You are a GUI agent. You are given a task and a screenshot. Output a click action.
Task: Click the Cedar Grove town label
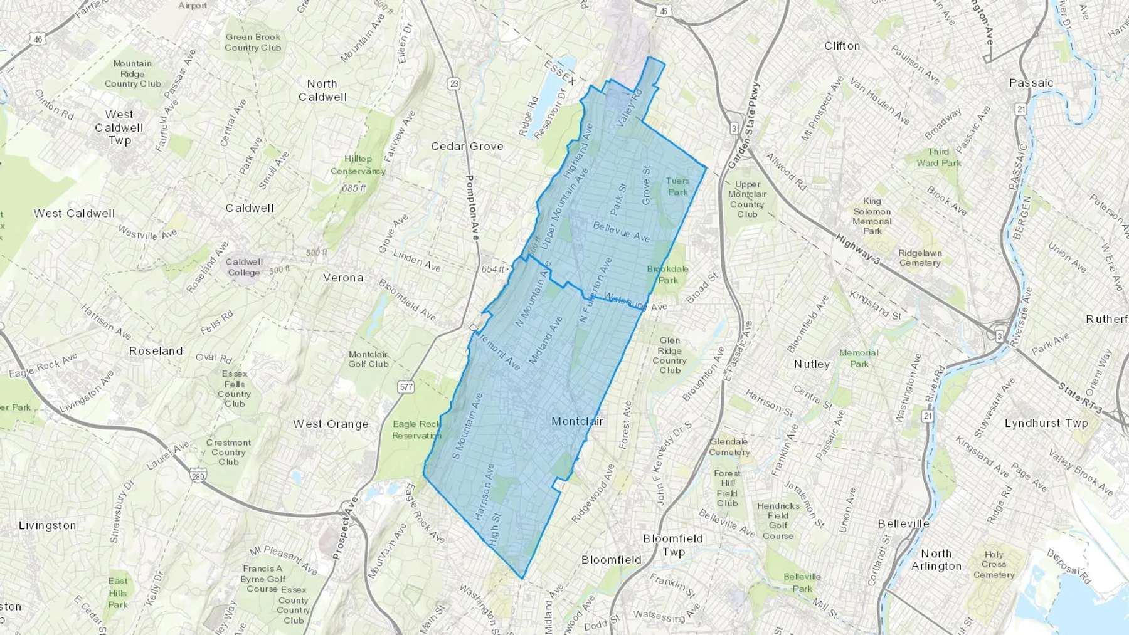click(x=467, y=146)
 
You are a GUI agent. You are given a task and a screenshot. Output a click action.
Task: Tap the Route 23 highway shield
click(x=454, y=83)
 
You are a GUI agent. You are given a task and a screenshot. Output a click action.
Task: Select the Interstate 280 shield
click(x=198, y=475)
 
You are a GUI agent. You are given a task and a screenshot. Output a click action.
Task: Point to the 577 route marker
click(x=406, y=387)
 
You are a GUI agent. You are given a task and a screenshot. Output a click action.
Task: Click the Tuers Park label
click(x=677, y=186)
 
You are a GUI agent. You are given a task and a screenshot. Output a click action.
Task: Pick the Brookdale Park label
click(x=667, y=275)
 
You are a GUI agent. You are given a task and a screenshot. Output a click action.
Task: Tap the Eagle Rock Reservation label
click(x=416, y=429)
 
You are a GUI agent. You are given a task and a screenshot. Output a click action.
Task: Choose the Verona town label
click(x=343, y=277)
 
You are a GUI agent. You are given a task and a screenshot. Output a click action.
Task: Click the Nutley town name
click(x=812, y=364)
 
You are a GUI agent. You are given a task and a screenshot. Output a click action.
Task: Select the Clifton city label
click(x=842, y=46)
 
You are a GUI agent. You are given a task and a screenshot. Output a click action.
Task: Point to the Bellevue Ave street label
click(x=621, y=231)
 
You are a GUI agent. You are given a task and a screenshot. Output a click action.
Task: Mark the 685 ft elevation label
click(x=354, y=188)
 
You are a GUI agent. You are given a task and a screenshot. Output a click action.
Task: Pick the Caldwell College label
click(x=244, y=267)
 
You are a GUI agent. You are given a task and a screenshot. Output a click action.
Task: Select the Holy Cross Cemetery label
click(x=994, y=564)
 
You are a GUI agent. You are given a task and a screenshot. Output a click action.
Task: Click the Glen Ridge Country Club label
click(x=669, y=355)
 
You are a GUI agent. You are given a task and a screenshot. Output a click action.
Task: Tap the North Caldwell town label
click(x=322, y=90)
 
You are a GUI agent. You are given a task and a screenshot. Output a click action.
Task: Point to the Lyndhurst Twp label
click(x=1046, y=423)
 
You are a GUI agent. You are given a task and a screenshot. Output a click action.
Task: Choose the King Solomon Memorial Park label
click(x=872, y=216)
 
